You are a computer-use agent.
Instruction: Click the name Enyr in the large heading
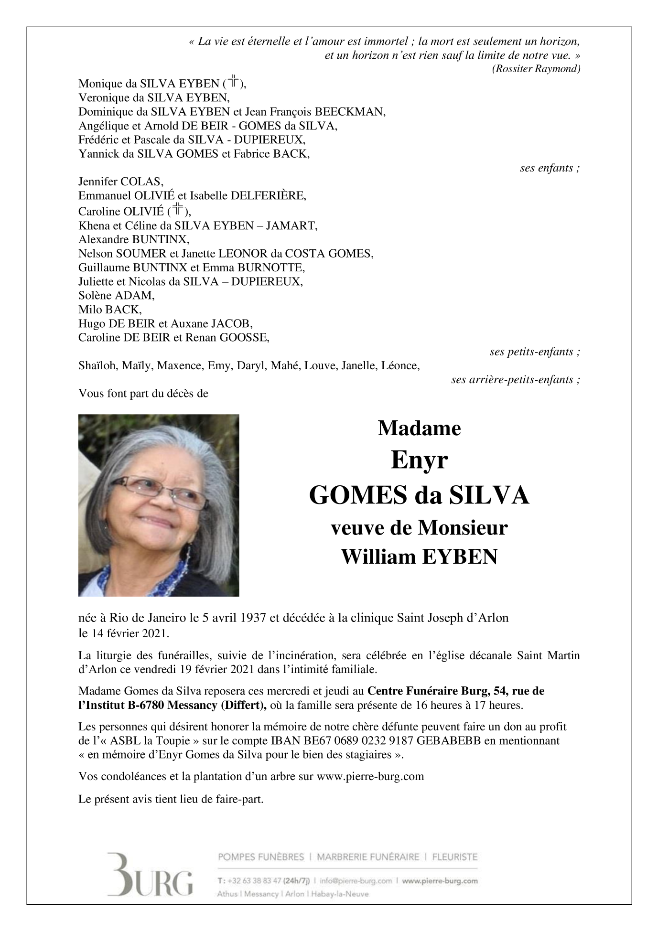point(419,460)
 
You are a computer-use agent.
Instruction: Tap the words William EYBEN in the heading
point(419,556)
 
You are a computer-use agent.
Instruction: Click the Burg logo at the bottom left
point(150,874)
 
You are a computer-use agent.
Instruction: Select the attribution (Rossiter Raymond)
point(536,69)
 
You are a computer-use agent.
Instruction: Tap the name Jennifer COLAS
point(120,182)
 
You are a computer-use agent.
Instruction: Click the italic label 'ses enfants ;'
point(550,168)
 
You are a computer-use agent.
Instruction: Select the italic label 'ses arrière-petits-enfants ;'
point(516,380)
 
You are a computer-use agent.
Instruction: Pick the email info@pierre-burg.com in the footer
point(356,880)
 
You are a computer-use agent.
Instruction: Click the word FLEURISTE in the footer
point(454,857)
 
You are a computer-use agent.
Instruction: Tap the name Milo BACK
point(110,310)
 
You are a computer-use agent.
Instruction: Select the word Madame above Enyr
point(419,428)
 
